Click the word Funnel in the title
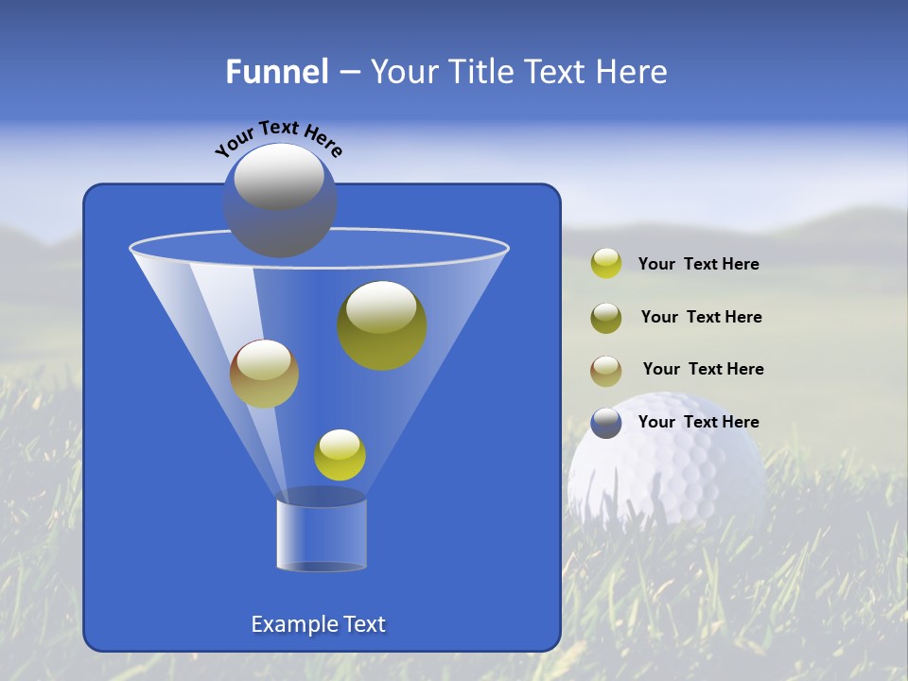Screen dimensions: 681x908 coord(276,72)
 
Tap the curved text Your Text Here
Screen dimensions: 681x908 coord(278,138)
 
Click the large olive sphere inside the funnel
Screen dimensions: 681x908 coord(382,326)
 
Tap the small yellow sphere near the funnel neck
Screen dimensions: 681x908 coord(340,455)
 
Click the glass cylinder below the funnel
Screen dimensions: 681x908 coord(322,532)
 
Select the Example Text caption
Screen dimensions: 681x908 coord(319,624)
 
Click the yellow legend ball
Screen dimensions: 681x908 coord(606,264)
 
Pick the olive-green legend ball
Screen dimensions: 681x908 coord(606,317)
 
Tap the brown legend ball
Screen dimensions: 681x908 coord(606,370)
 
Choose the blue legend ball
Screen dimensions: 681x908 coord(606,423)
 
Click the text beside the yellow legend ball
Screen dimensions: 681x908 coord(698,264)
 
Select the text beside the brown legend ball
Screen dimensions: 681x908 coord(703,369)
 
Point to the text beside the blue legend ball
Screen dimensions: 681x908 coord(698,422)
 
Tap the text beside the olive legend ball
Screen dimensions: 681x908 coord(701,317)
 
